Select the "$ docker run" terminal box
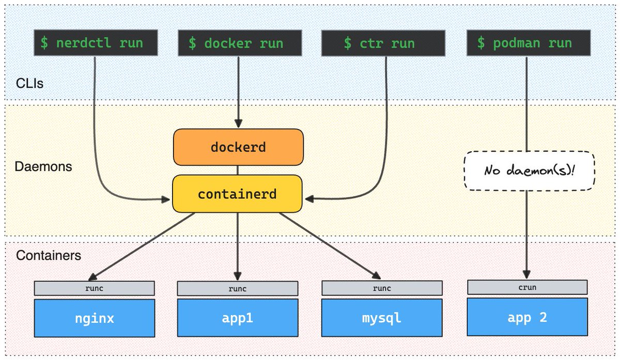(x=236, y=43)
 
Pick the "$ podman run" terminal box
(x=526, y=43)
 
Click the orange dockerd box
(x=238, y=147)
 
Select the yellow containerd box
(x=237, y=194)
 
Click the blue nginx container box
(x=95, y=318)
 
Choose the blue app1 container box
(x=238, y=318)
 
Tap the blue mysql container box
(x=381, y=318)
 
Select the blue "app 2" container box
(x=527, y=318)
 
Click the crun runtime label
(x=527, y=287)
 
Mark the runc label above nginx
(x=95, y=288)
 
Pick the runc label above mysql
(x=381, y=288)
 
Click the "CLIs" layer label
(x=29, y=83)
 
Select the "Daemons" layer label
(x=43, y=167)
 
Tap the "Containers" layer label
(x=48, y=255)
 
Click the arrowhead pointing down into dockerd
(x=238, y=124)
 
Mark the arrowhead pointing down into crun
(x=527, y=274)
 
